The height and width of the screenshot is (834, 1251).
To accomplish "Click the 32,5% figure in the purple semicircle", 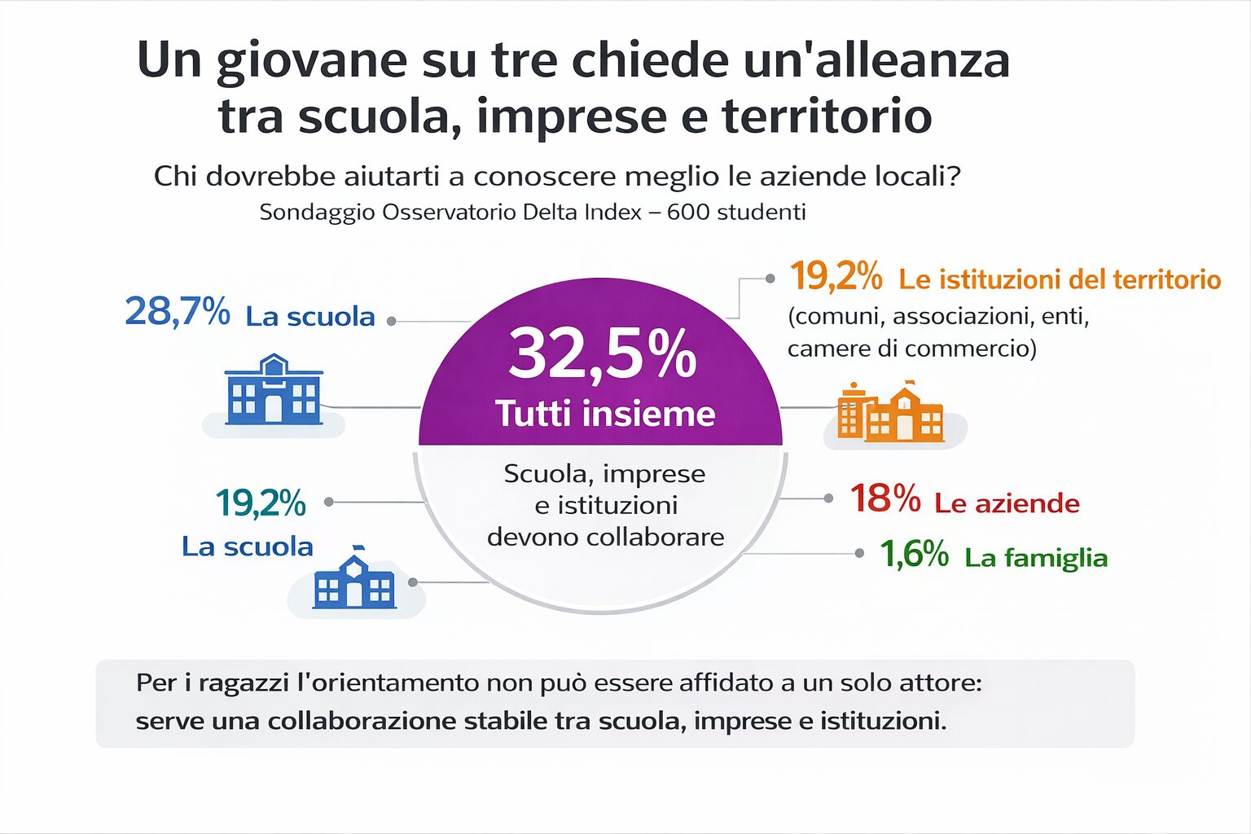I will (603, 353).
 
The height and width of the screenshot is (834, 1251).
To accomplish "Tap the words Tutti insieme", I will (605, 414).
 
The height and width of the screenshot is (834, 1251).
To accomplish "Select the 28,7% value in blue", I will (177, 312).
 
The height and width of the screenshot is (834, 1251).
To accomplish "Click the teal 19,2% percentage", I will (261, 503).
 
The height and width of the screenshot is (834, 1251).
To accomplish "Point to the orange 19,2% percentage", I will (836, 277).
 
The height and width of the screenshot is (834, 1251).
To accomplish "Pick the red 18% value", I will (884, 498).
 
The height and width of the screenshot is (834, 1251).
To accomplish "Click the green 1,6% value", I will (914, 555).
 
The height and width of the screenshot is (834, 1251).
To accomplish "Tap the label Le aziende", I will (1007, 503).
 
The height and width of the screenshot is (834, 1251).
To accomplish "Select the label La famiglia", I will (1036, 558).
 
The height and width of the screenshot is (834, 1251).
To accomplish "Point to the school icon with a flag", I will (354, 579).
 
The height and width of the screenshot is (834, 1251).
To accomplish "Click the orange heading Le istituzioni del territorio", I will (1060, 280).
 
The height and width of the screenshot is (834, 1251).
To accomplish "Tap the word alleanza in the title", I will (912, 60).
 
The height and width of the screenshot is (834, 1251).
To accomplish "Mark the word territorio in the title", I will (827, 116).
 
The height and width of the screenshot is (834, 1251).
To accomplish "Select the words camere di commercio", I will (911, 349).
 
